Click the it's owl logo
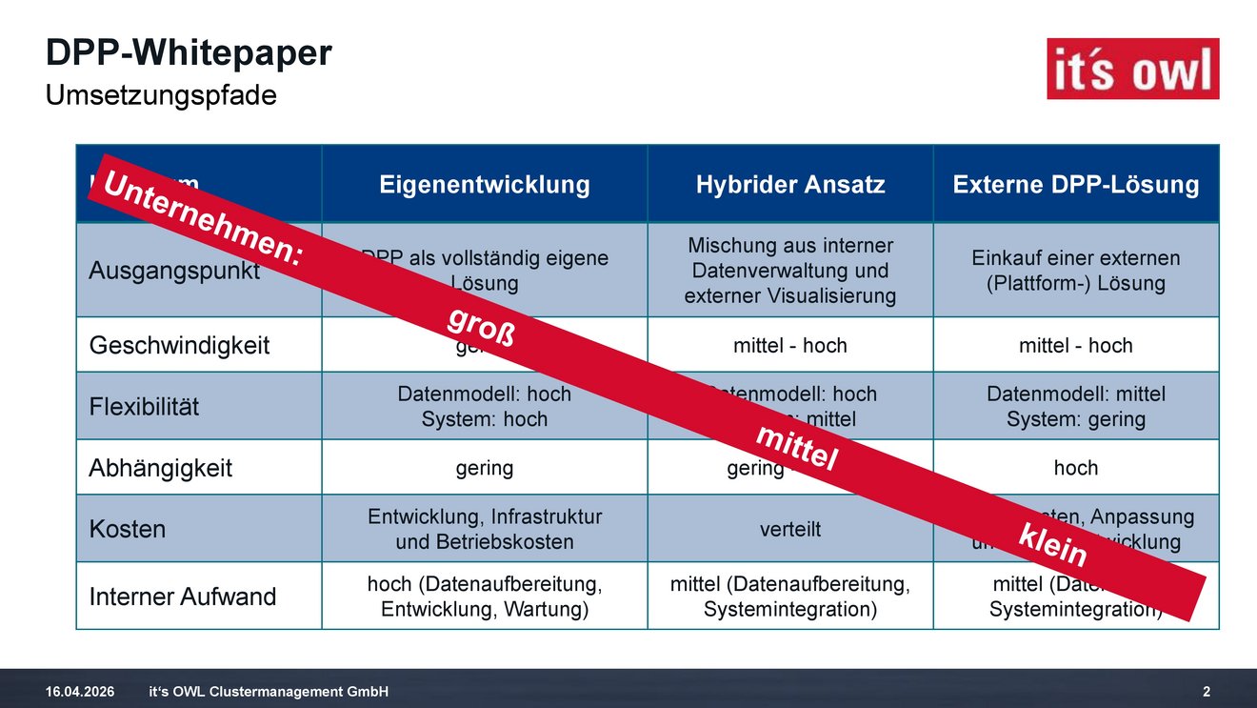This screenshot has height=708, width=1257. pyautogui.click(x=1132, y=69)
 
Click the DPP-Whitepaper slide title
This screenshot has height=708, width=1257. pyautogui.click(x=189, y=53)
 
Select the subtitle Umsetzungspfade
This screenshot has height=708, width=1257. pyautogui.click(x=161, y=95)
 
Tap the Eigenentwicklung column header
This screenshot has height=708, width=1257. pyautogui.click(x=485, y=184)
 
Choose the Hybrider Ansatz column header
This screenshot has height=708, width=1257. pyautogui.click(x=790, y=184)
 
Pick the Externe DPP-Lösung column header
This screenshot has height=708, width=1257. pyautogui.click(x=1076, y=184)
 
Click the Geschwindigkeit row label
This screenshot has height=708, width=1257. pyautogui.click(x=179, y=345)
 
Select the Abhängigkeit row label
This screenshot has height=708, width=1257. pyautogui.click(x=160, y=468)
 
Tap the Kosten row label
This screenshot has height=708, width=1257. pyautogui.click(x=127, y=529)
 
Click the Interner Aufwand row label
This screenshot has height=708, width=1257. pyautogui.click(x=182, y=597)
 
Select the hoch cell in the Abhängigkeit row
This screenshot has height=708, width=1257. pyautogui.click(x=1076, y=468)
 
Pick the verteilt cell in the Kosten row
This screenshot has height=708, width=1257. pyautogui.click(x=790, y=529)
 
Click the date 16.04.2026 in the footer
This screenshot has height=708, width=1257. pyautogui.click(x=80, y=691)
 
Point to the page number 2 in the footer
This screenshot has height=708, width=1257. pyautogui.click(x=1207, y=691)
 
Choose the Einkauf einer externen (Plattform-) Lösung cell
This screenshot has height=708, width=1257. pyautogui.click(x=1076, y=271)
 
